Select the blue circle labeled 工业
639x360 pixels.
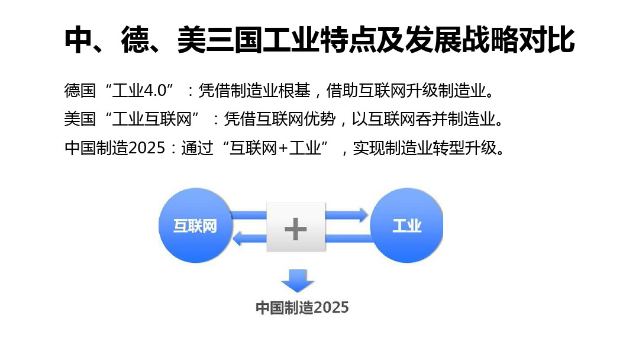pos(406,225)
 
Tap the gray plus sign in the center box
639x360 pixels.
pos(295,229)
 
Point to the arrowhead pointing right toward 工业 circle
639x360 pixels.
pos(363,215)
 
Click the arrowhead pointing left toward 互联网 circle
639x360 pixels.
pos(238,238)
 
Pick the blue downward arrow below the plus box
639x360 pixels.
pos(298,281)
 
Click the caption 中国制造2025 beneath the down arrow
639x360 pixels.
pos(302,307)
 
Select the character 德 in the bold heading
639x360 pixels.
pos(135,40)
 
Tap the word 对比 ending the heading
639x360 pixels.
pos(547,40)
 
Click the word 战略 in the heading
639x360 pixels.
pos(490,40)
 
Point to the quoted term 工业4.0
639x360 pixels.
pos(140,91)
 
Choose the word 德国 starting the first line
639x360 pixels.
pos(80,91)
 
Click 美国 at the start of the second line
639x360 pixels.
pos(80,119)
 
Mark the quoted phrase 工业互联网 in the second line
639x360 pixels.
pos(151,119)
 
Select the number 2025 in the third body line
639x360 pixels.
pos(146,147)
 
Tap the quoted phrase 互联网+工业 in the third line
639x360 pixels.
pos(275,147)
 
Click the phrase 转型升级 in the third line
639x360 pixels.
pos(465,147)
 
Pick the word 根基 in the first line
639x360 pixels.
pos(294,91)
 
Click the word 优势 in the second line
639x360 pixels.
pos(320,119)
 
